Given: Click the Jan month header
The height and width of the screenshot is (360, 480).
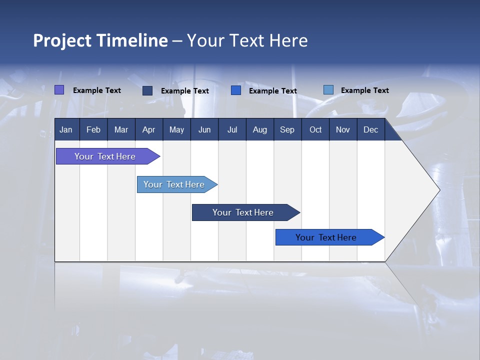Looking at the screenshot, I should [x=66, y=129].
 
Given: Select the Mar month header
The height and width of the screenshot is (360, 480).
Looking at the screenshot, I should [x=121, y=129].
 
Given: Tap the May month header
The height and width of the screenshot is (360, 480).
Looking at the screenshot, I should [x=176, y=129].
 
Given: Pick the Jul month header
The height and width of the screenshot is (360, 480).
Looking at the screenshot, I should [x=232, y=129].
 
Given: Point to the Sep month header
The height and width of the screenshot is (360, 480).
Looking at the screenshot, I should [x=287, y=129].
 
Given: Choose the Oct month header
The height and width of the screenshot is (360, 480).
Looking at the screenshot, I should [x=315, y=129].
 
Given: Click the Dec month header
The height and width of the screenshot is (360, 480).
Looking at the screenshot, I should [x=370, y=129].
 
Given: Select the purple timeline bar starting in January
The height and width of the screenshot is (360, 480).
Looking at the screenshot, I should [x=105, y=156].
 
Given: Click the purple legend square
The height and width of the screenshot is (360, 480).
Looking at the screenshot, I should [x=59, y=90].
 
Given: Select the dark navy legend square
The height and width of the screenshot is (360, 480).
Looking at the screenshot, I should [x=147, y=90].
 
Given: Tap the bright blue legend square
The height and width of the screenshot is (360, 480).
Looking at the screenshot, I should [x=236, y=90].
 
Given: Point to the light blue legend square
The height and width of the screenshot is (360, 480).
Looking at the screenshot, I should [x=328, y=90].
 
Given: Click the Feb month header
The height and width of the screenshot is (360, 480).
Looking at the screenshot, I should [x=93, y=129].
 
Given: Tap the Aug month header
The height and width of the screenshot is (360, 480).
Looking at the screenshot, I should [x=259, y=129].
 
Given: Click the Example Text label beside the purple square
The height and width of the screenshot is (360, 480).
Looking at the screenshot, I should [x=97, y=90].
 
